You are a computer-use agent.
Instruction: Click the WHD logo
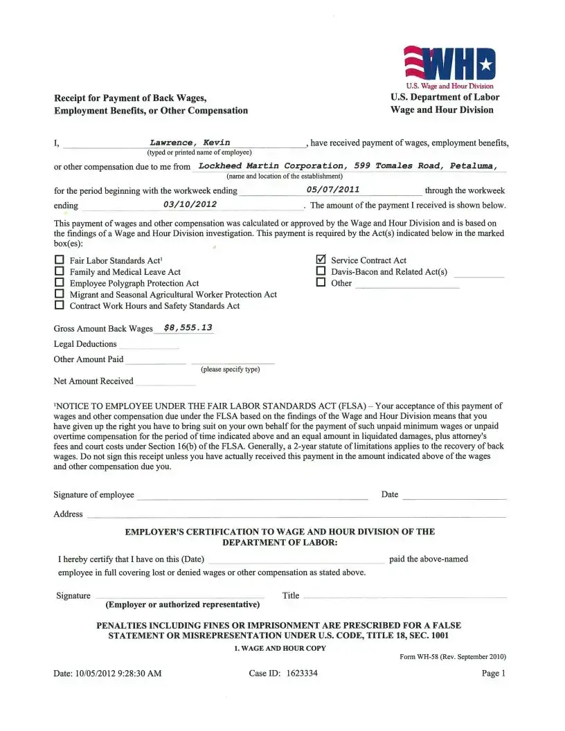(450, 64)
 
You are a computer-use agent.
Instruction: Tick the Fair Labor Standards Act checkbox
(59, 261)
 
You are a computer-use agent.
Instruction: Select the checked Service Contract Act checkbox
(321, 260)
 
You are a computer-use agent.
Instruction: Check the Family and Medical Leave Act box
(59, 272)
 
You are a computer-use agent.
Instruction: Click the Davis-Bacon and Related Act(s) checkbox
(321, 271)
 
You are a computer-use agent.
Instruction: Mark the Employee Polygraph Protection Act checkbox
(59, 283)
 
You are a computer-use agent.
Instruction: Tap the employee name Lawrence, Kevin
(190, 142)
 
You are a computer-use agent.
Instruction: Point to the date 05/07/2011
(332, 189)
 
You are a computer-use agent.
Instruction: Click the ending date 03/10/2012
(190, 204)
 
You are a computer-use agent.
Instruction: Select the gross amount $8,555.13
(188, 327)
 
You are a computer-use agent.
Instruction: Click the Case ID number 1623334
(302, 673)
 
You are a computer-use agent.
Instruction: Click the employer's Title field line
(404, 597)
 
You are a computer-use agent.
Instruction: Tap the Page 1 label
(494, 673)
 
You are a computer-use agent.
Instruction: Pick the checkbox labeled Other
(321, 282)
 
